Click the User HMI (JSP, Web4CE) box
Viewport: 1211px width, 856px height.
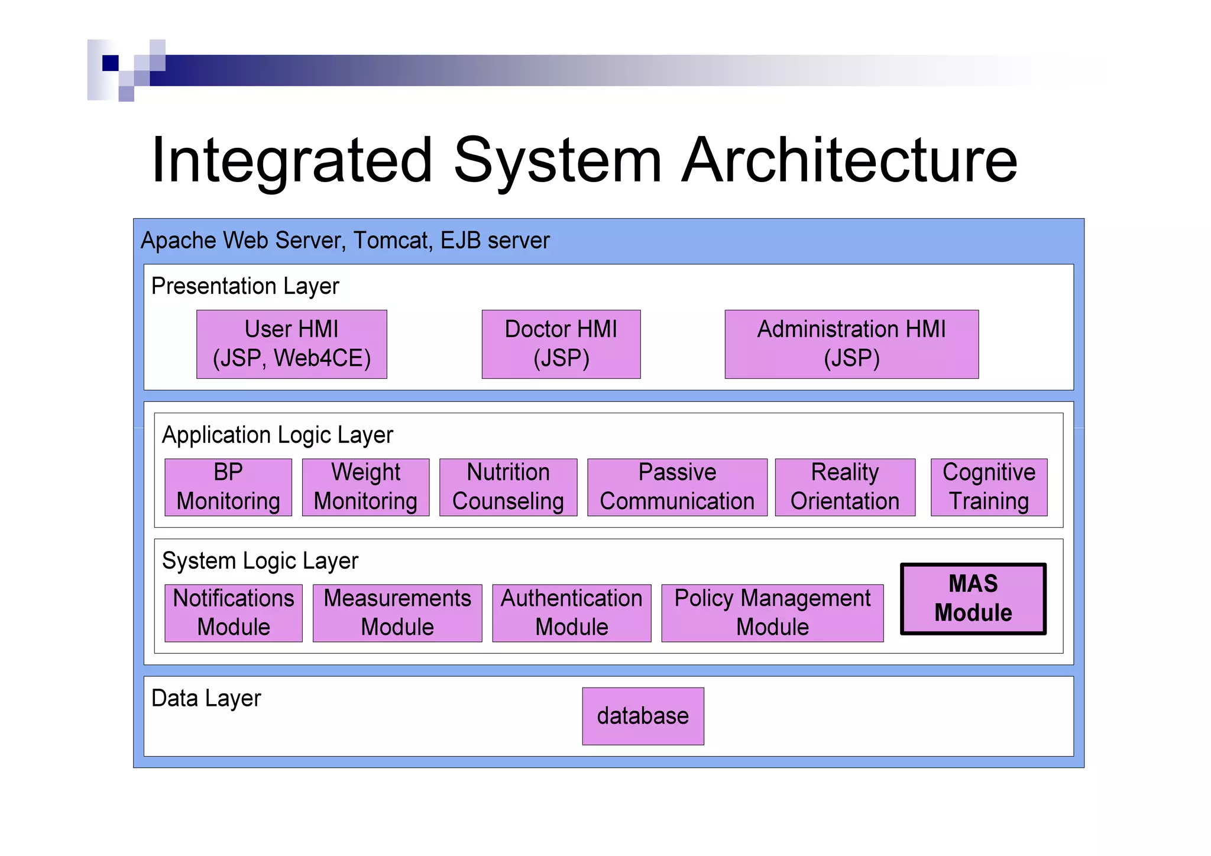292,344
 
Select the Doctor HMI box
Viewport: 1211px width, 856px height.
561,344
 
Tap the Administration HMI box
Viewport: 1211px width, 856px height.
851,344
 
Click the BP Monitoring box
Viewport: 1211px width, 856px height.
228,487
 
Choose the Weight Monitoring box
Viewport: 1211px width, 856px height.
365,487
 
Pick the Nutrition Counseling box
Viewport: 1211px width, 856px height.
508,487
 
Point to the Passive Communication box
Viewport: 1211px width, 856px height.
677,487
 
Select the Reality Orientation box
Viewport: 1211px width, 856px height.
845,487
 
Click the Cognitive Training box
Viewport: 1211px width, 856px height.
989,487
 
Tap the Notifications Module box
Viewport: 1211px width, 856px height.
234,613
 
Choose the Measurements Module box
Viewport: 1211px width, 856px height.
397,613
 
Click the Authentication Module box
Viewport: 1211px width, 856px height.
572,613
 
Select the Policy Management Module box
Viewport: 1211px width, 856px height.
772,613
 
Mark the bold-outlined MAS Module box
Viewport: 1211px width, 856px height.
973,599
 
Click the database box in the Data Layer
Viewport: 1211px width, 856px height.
643,716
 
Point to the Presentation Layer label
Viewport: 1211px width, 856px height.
245,286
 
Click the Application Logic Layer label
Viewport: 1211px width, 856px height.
277,435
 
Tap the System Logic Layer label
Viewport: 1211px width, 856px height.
260,561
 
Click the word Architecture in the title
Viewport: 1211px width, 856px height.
849,160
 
